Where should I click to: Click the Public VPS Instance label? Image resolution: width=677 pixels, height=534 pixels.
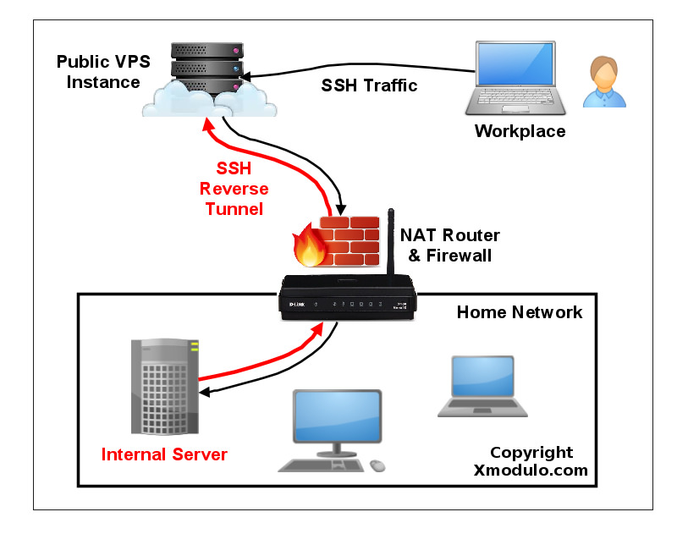coord(97,72)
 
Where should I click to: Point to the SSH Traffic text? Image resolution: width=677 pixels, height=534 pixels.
coord(369,85)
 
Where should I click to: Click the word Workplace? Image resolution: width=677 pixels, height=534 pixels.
coord(519,131)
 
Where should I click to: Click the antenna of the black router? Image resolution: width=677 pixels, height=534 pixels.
coord(390,245)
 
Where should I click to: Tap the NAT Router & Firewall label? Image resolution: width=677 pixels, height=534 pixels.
coord(449,245)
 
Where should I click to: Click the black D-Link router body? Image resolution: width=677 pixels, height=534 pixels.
coord(347,303)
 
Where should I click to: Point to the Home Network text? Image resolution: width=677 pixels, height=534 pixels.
coord(519,312)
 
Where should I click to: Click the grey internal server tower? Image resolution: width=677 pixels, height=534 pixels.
coord(165,385)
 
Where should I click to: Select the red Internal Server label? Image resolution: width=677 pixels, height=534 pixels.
coord(164,454)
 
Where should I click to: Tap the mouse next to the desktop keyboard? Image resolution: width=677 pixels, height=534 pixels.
coord(377,465)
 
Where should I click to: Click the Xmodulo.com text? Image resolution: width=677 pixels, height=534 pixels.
coord(530,471)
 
